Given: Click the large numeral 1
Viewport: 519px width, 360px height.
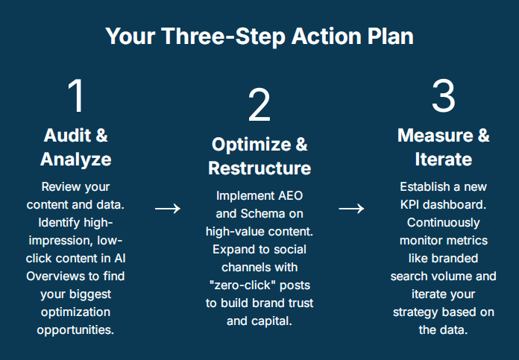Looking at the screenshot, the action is click(x=77, y=95).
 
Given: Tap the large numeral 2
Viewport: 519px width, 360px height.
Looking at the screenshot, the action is click(x=259, y=105).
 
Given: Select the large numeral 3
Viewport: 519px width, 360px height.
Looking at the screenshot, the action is click(x=444, y=95).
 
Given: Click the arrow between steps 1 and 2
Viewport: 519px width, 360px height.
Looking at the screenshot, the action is click(x=168, y=209).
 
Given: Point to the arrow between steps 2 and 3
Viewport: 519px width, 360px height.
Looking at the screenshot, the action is click(x=351, y=209).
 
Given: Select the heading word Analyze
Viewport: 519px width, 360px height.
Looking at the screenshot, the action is click(x=76, y=160).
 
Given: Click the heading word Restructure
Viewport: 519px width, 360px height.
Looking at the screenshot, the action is click(x=259, y=168).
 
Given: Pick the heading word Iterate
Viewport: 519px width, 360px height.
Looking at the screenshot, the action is click(x=444, y=160).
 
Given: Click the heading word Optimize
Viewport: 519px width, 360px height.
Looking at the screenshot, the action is click(x=251, y=145).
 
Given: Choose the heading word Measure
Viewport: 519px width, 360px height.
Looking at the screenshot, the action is click(x=435, y=136).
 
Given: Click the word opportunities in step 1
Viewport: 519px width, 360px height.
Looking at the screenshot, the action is click(x=75, y=330).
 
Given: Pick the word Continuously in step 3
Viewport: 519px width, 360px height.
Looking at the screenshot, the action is click(x=443, y=223).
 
